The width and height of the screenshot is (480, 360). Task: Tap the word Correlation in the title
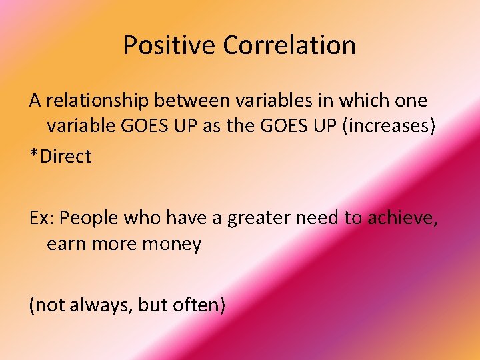pos(289,45)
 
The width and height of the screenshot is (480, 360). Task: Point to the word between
pos(189,101)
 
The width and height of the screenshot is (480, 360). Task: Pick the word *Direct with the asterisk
pos(60,157)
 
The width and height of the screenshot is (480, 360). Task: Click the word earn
pos(65,244)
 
